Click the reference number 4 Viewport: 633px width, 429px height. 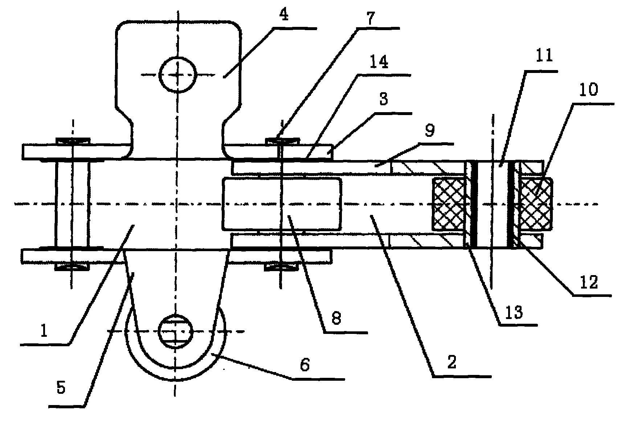[x=284, y=15]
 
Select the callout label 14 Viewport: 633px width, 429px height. [x=379, y=62]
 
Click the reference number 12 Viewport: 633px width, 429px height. [x=588, y=282]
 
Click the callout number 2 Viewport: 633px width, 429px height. [x=452, y=362]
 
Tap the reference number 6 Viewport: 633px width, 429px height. [x=304, y=365]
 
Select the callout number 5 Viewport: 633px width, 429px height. [x=61, y=388]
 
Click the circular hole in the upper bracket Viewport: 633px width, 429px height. [x=178, y=75]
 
